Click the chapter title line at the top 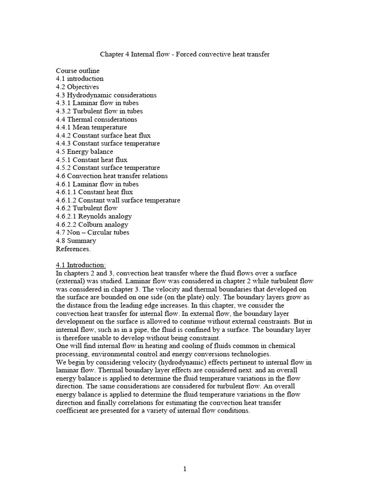click(x=184, y=55)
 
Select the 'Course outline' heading click(x=78, y=71)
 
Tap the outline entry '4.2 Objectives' click(x=77, y=87)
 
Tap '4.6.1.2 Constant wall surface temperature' click(x=118, y=200)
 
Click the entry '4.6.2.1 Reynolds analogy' click(x=93, y=216)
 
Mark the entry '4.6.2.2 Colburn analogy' click(x=92, y=224)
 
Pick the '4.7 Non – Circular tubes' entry click(x=92, y=233)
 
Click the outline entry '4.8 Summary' click(x=76, y=241)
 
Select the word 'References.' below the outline click(x=73, y=249)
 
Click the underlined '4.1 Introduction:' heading click(x=81, y=265)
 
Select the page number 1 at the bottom click(x=185, y=470)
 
